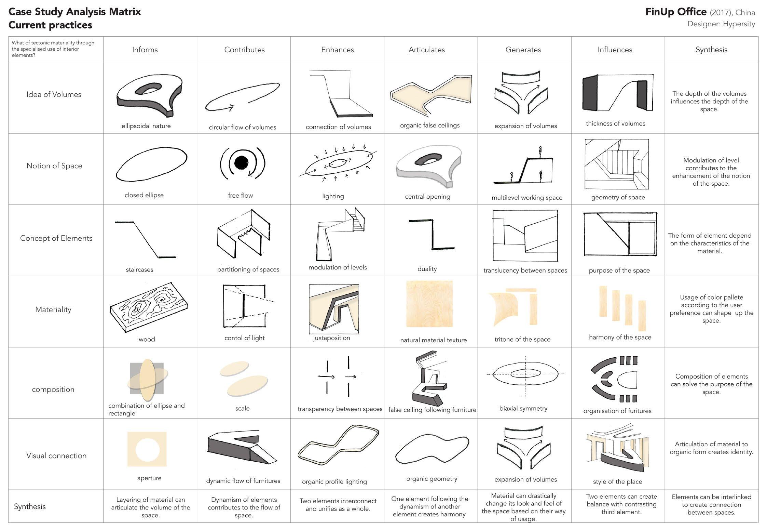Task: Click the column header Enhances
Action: point(337,50)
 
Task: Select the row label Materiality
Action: point(53,309)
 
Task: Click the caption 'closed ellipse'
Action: point(144,195)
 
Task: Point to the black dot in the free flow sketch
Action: point(242,162)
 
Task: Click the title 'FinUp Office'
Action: point(675,12)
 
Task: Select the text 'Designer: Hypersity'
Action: point(721,24)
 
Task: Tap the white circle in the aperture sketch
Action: point(147,449)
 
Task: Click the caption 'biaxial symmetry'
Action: point(523,408)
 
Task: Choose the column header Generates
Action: point(523,50)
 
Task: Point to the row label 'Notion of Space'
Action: point(54,166)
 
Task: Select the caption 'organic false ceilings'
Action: point(429,125)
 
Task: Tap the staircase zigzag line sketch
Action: point(145,239)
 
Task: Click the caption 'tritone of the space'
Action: point(522,340)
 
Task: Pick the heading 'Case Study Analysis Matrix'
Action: point(74,12)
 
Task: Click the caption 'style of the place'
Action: point(617,481)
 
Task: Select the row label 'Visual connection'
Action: point(56,455)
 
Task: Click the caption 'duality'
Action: point(427,269)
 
